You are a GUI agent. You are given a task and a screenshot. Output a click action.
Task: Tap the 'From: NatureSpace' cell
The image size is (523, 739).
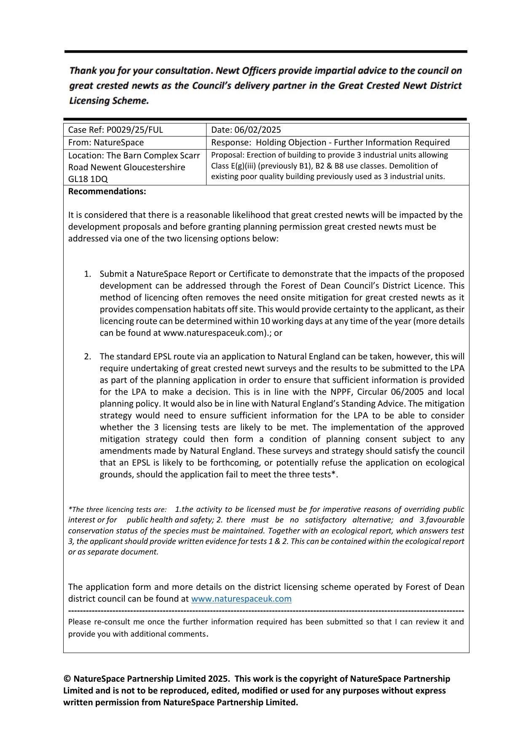(106, 142)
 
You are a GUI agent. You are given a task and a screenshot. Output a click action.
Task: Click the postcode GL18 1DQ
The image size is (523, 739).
(88, 179)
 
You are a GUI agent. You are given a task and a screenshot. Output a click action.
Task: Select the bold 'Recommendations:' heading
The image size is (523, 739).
(107, 191)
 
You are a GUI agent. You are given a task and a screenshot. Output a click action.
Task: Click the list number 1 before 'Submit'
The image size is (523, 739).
(87, 274)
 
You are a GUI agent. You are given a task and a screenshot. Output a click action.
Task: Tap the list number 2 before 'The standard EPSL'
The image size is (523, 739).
(87, 356)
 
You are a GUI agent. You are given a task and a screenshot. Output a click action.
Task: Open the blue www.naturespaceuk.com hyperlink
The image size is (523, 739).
(241, 599)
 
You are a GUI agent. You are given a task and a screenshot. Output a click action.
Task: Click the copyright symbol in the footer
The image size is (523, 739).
(67, 679)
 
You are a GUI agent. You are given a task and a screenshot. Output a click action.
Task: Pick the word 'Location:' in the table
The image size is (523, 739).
(86, 155)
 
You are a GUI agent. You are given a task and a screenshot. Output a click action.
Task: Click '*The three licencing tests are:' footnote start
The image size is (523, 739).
(117, 509)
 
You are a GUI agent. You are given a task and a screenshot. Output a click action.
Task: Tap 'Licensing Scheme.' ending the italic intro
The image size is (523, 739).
(109, 101)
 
